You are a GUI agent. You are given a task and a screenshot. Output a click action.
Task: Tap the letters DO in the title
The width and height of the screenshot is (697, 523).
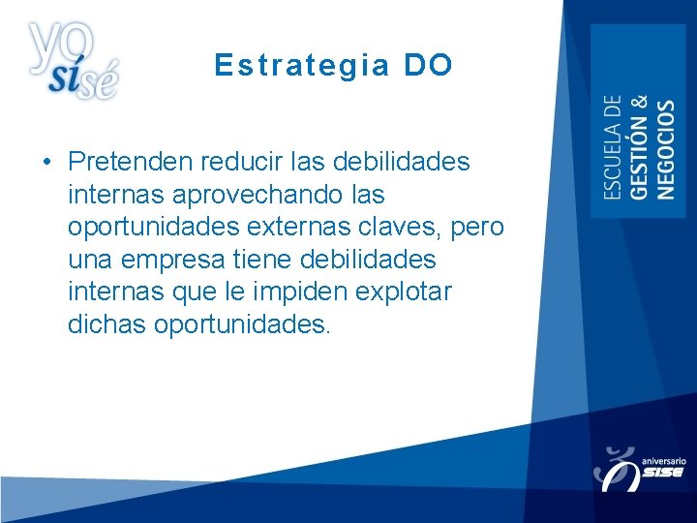(x=428, y=65)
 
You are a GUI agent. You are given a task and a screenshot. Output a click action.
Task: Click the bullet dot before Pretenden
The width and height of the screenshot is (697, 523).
(x=46, y=161)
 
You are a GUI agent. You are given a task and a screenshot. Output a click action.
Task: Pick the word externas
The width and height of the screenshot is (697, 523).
(x=314, y=227)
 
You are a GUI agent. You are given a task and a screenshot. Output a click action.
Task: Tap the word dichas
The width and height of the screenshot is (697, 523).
(x=106, y=323)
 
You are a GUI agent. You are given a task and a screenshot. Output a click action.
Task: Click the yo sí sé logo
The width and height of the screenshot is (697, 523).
(x=74, y=60)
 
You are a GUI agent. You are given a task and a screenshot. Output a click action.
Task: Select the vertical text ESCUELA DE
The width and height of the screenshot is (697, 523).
(x=613, y=147)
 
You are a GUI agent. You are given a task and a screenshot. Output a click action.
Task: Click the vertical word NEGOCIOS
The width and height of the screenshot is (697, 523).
(x=666, y=149)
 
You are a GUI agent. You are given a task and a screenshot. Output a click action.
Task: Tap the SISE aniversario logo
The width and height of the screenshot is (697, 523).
(x=640, y=468)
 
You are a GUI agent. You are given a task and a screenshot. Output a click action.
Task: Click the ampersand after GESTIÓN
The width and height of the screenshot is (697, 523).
(x=639, y=105)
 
